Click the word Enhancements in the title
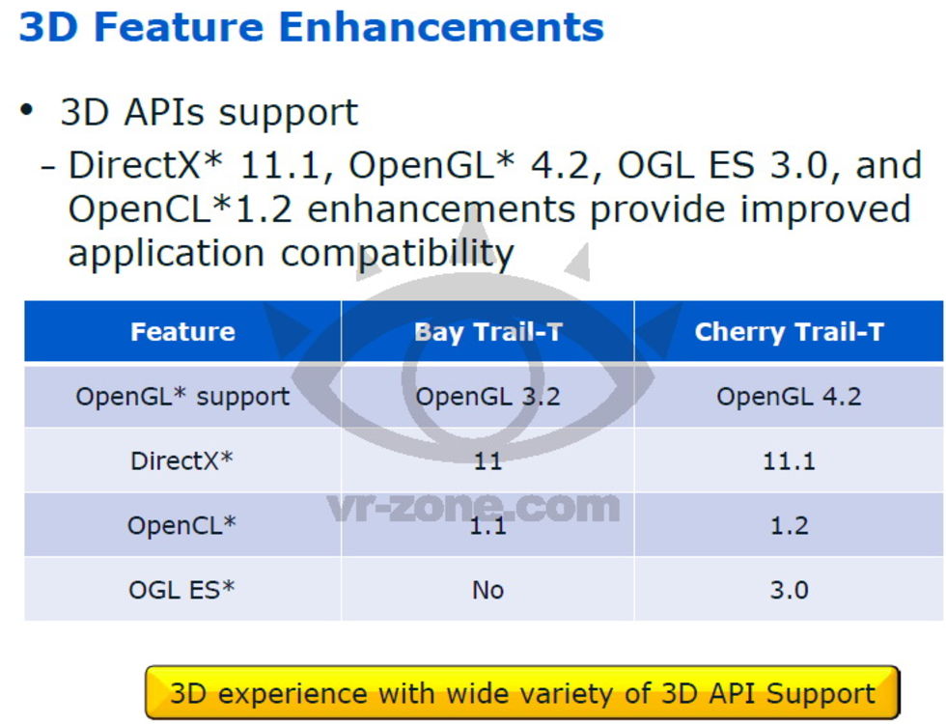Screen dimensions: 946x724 point(441,27)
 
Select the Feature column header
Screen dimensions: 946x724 point(182,332)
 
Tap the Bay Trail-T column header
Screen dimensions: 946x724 point(488,332)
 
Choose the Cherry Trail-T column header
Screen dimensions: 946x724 point(790,332)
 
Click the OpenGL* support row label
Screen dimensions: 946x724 point(182,397)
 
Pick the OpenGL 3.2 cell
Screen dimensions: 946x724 point(488,397)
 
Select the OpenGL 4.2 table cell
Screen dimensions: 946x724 point(790,397)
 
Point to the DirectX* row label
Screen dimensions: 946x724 point(181,461)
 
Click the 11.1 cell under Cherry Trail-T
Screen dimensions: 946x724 point(790,461)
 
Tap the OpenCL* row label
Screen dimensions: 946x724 point(181,525)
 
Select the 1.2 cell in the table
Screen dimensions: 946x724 point(790,526)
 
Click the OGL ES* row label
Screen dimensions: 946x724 point(181,590)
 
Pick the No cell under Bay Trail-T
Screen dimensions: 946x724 point(488,590)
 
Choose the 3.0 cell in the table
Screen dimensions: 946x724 point(790,590)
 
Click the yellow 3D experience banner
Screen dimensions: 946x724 point(522,692)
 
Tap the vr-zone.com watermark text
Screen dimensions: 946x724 point(474,508)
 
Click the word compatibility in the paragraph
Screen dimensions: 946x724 point(398,253)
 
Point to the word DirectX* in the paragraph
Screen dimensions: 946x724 point(146,165)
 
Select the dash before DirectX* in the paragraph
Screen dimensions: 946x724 point(48,166)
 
